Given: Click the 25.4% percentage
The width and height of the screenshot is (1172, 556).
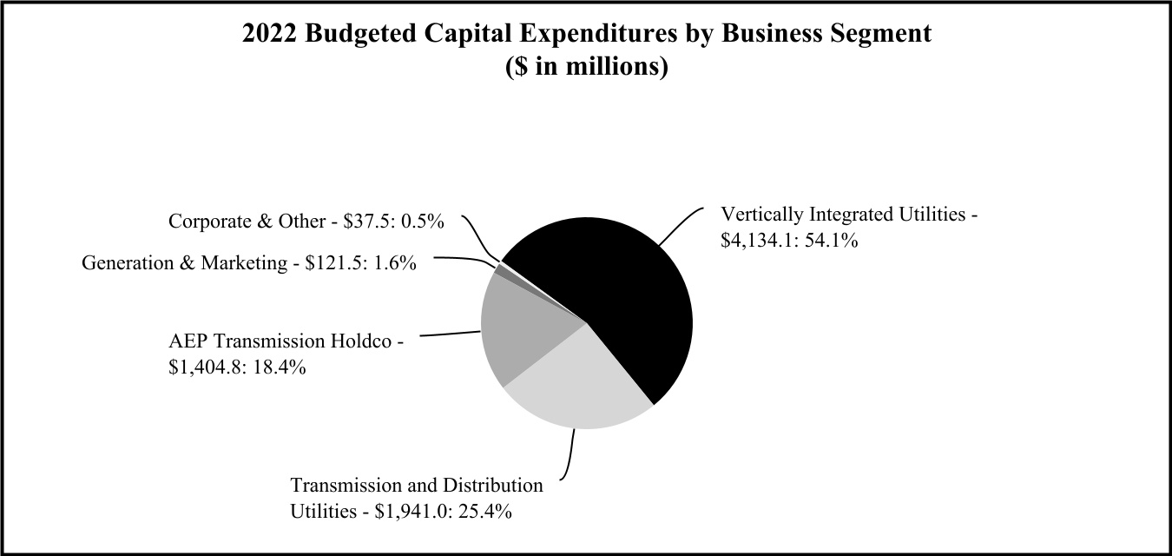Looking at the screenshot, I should coord(485,510).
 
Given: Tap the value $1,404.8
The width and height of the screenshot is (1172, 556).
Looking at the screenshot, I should coord(207,367).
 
